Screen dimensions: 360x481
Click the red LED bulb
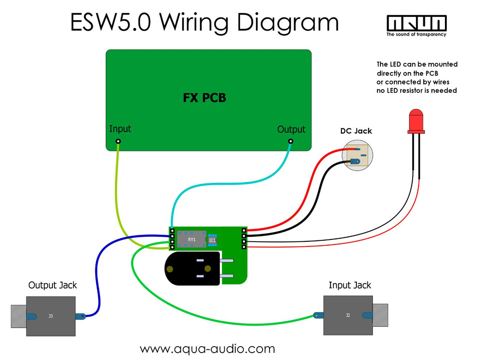coord(415,121)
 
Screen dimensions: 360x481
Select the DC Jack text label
coord(356,131)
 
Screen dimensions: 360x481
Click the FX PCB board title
coord(204,98)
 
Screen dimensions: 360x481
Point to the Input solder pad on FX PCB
coord(118,141)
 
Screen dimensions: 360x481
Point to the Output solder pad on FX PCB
coord(291,141)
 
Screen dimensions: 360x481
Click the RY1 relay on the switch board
coord(191,239)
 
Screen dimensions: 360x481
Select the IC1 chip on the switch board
coord(212,239)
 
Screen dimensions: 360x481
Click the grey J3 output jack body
coord(51,316)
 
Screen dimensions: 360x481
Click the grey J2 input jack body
coord(347,315)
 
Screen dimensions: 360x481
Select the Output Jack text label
coord(52,285)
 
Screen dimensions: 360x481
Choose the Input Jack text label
coord(350,285)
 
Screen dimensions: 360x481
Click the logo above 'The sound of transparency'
coord(417,23)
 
